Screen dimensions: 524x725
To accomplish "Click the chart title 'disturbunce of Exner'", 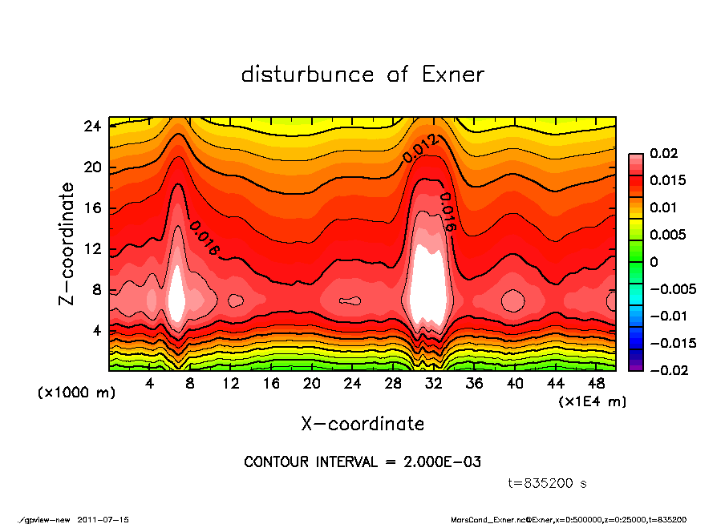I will (362, 75).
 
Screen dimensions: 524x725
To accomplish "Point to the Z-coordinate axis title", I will (67, 244).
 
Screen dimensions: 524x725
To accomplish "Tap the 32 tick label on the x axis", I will (434, 384).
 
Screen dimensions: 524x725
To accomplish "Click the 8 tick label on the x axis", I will (190, 384).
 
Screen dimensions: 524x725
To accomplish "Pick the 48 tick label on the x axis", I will (596, 384).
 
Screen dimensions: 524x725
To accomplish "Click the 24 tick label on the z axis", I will (92, 126).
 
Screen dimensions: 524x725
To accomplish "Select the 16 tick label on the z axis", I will (92, 208).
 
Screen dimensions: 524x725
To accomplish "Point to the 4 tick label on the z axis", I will (96, 330).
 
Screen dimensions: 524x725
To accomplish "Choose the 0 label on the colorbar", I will (654, 262).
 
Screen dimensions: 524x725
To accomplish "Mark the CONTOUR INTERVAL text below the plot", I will (362, 462).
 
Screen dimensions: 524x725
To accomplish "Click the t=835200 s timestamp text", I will (548, 484).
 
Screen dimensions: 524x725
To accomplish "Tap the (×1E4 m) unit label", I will (593, 401).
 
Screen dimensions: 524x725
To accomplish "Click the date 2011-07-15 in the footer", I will (103, 519).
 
